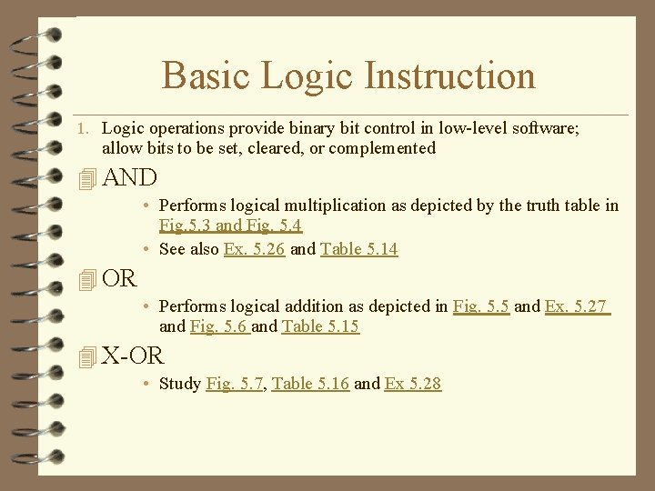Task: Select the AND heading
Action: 130,177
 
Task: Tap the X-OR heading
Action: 133,356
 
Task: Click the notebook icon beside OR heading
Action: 87,280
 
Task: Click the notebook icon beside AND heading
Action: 87,179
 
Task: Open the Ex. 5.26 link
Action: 254,249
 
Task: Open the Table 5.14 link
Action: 358,249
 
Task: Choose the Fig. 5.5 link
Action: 480,306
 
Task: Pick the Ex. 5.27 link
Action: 576,306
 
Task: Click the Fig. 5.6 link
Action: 218,326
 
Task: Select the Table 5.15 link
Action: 320,326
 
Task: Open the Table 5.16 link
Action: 310,384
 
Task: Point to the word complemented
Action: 382,148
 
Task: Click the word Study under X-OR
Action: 180,384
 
